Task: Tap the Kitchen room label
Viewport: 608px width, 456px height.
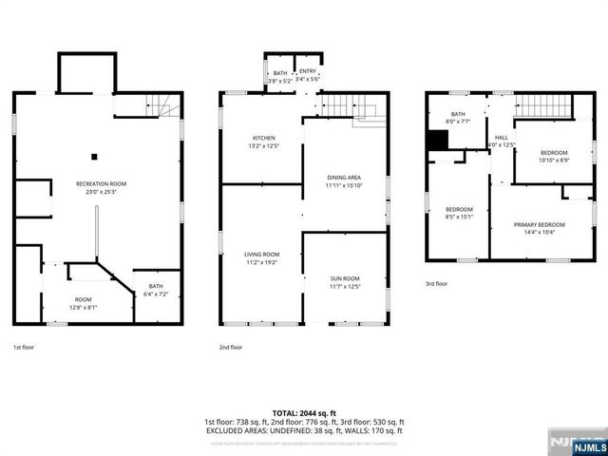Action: click(263, 142)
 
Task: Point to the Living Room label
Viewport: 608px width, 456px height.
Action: click(263, 257)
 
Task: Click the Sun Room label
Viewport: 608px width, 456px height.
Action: click(345, 281)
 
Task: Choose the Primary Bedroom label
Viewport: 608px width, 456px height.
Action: click(540, 228)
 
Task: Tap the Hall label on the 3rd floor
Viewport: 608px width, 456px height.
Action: click(500, 141)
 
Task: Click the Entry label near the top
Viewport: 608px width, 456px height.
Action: click(308, 76)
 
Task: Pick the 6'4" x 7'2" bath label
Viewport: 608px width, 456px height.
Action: click(155, 290)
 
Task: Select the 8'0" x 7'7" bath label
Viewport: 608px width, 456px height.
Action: click(459, 118)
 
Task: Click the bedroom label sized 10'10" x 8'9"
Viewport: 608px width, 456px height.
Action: click(554, 157)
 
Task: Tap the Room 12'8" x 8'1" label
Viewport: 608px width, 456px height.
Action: click(84, 304)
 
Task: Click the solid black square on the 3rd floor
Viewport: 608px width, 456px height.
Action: click(437, 139)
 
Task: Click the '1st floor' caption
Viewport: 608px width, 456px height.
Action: click(25, 348)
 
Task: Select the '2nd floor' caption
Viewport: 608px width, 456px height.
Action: click(232, 348)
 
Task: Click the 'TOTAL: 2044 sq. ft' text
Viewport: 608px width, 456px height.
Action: click(303, 413)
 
